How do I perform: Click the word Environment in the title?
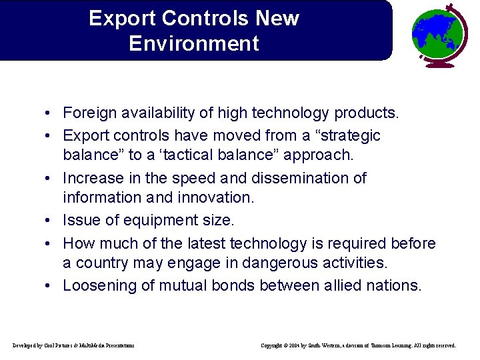point(194,44)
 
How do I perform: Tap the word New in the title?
point(277,18)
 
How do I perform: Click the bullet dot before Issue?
point(51,221)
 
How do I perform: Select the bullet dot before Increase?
point(51,179)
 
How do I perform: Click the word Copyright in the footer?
point(272,345)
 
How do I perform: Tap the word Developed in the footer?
point(25,345)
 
